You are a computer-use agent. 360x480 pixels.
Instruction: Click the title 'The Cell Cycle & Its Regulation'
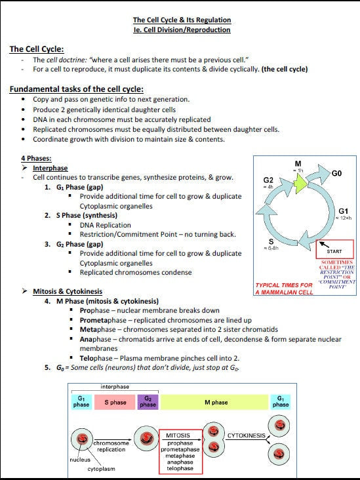coord(182,20)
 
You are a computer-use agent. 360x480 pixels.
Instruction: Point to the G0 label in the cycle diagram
coord(336,174)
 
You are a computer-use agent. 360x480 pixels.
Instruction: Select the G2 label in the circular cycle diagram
coord(268,180)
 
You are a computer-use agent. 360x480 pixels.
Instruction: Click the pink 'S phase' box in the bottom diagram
coord(115,402)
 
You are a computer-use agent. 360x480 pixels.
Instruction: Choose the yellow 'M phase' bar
coord(216,402)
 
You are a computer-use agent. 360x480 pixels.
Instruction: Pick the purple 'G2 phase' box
coord(148,401)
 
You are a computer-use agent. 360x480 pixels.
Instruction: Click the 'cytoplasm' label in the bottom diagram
coord(102,469)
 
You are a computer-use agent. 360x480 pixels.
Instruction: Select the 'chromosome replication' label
coord(111,446)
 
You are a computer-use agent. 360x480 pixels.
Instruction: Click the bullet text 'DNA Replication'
coord(105,225)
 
